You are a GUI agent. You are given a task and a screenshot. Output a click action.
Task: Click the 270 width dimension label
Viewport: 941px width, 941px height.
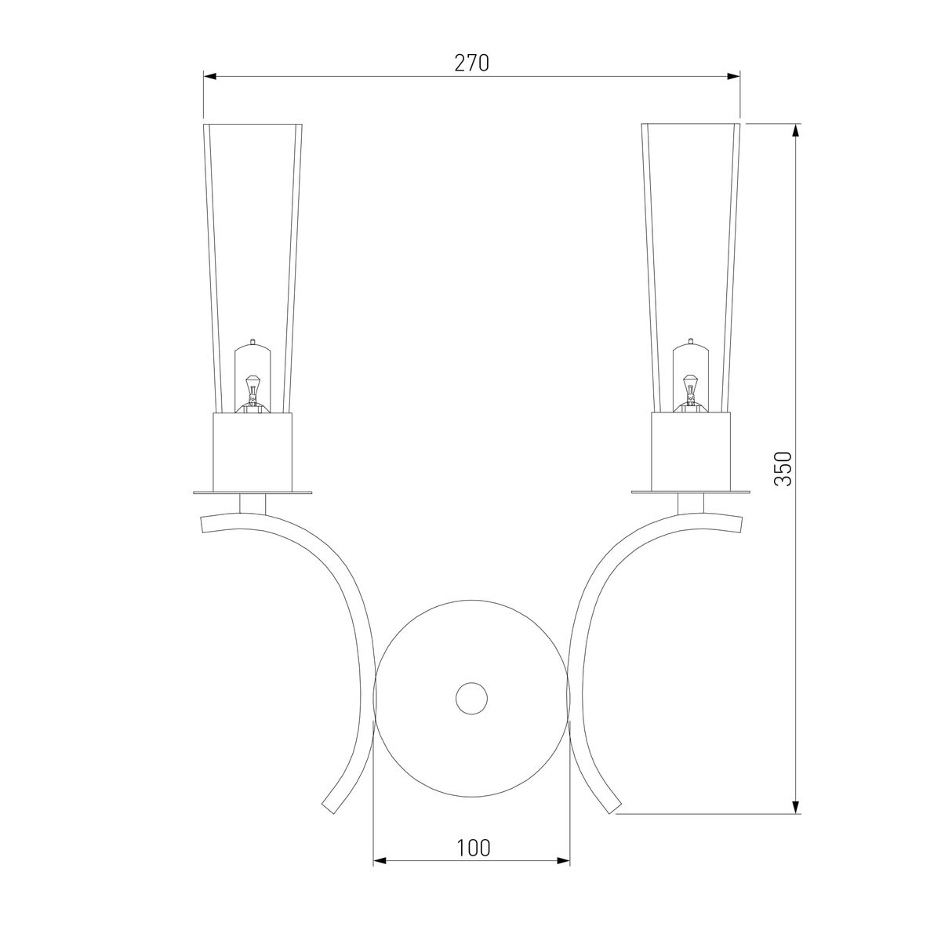point(471,63)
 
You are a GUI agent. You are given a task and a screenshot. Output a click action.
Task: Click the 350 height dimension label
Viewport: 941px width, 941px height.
point(783,468)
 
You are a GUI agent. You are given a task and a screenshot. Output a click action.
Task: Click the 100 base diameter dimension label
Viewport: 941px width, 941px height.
point(473,848)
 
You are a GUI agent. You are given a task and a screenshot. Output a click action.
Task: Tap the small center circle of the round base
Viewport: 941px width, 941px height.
point(471,699)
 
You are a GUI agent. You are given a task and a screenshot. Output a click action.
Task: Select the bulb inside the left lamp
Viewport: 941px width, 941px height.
point(252,376)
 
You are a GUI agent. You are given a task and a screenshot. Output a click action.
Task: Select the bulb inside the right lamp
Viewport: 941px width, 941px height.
point(691,376)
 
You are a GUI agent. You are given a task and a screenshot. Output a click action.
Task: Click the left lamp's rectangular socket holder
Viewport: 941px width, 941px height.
point(253,452)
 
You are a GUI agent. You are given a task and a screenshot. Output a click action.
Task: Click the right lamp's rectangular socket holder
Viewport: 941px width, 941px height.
point(691,452)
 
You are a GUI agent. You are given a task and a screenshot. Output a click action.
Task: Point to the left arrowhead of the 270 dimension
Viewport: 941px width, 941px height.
point(209,76)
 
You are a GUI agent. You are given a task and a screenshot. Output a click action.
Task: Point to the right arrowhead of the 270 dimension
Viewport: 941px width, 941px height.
point(733,76)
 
